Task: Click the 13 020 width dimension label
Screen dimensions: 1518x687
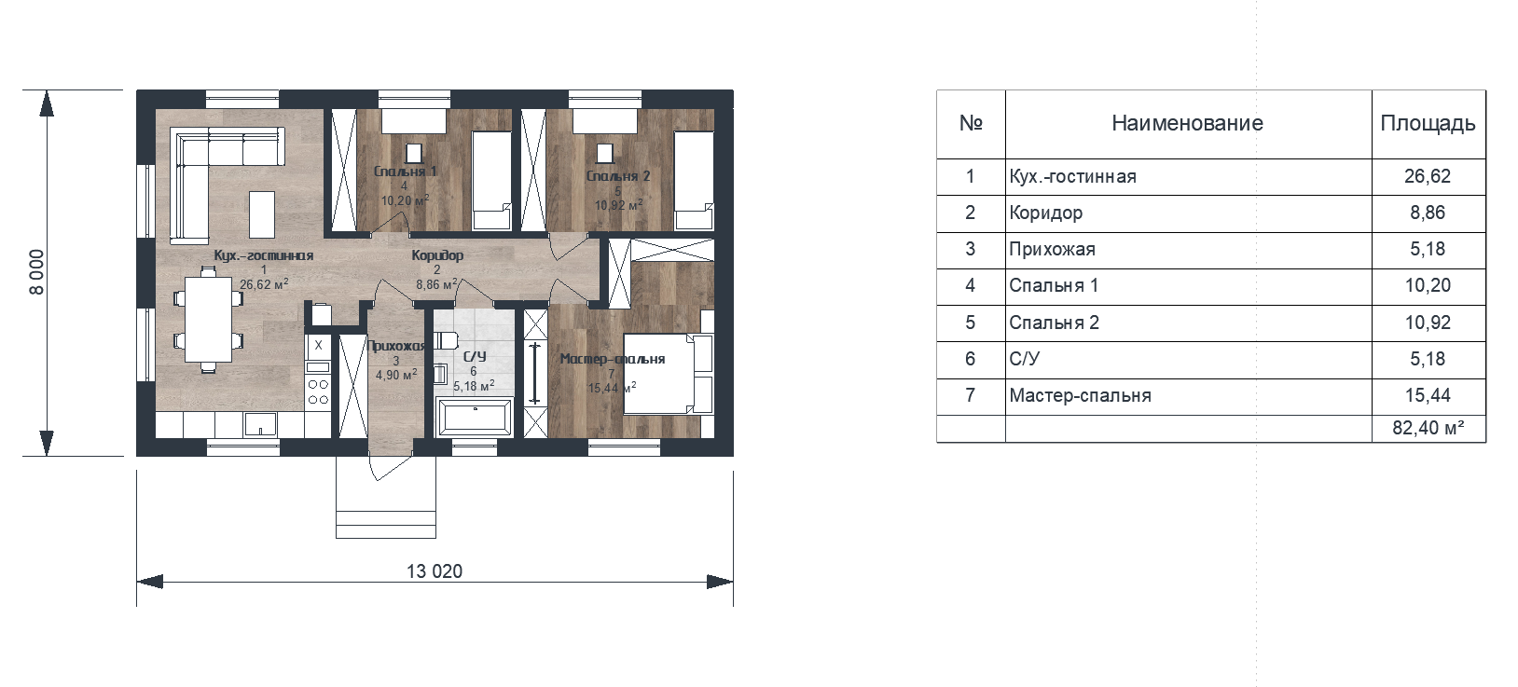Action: [x=435, y=571]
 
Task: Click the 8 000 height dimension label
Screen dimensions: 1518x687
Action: [x=36, y=272]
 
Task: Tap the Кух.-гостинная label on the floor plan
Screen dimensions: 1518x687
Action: [x=264, y=255]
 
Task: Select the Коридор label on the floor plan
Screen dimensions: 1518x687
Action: [x=438, y=255]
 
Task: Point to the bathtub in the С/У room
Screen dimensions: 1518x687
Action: [x=475, y=417]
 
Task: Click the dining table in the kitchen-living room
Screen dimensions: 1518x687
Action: [x=208, y=320]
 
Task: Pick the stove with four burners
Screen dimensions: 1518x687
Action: [x=318, y=392]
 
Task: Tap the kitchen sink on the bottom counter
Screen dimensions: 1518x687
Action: [x=260, y=424]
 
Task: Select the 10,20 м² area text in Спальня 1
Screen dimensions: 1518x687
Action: [x=405, y=200]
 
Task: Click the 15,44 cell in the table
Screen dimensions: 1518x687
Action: [x=1428, y=395]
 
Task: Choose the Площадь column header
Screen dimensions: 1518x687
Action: [x=1428, y=123]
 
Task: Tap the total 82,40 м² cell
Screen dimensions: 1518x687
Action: [x=1428, y=428]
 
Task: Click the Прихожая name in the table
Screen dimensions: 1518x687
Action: [x=1052, y=249]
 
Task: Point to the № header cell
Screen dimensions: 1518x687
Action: [x=971, y=123]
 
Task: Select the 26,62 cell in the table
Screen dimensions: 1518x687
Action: [x=1428, y=176]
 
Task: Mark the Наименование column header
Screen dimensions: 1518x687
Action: [x=1187, y=123]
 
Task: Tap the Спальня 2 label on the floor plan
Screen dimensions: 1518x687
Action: [x=617, y=176]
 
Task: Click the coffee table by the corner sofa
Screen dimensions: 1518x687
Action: [x=262, y=214]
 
